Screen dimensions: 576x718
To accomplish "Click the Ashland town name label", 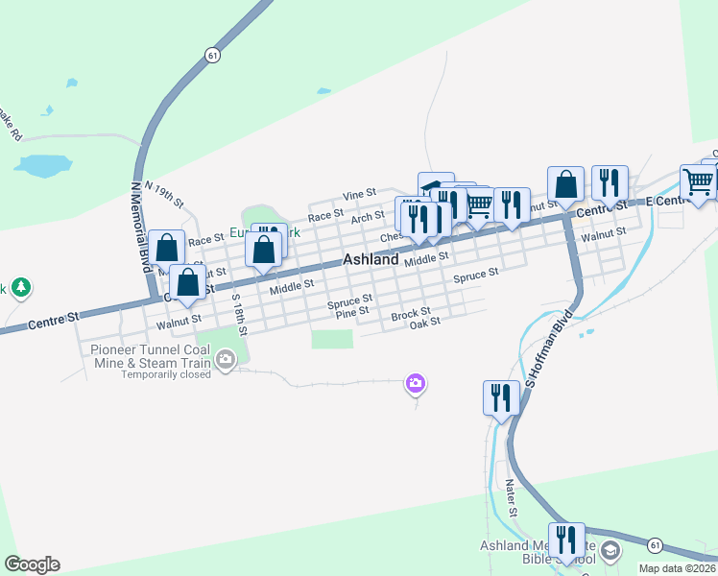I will (371, 260).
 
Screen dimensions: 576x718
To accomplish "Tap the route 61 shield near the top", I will (212, 56).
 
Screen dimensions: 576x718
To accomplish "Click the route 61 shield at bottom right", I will (654, 544).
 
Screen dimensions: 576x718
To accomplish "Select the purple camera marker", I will (416, 384).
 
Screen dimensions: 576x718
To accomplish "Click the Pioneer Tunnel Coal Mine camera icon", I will (226, 361).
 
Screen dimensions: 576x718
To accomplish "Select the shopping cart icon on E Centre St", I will (698, 180).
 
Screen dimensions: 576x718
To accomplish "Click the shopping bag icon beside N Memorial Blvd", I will (167, 248).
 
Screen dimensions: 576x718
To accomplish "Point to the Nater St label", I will (513, 498).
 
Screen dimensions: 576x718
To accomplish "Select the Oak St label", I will (424, 323).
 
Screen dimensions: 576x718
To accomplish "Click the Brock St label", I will (411, 313).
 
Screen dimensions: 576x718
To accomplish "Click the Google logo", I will (32, 564).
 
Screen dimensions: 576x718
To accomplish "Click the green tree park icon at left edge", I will (20, 287).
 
